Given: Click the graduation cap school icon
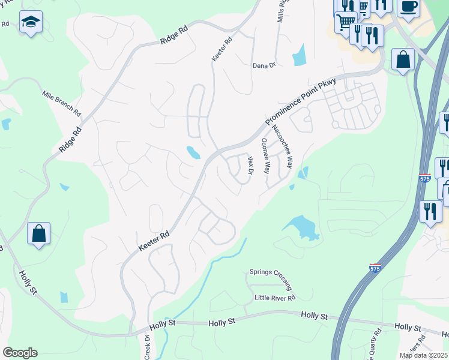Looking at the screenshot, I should (30, 23).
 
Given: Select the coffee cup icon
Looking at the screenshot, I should (409, 7).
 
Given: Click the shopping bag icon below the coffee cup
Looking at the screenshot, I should (403, 60).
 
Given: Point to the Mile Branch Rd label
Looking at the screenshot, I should (61, 103).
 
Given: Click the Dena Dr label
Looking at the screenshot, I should (264, 65).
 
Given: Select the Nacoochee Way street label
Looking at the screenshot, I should (281, 146).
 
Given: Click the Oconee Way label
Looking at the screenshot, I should (265, 156).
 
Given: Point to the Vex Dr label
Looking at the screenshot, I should (251, 166).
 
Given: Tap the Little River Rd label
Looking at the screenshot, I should (275, 298).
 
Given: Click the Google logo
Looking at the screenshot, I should (20, 353).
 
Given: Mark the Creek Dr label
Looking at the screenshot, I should (148, 346).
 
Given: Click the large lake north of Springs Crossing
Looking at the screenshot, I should (301, 227).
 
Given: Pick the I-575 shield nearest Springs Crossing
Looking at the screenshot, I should (375, 268).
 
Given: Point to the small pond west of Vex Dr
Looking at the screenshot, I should (193, 153).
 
